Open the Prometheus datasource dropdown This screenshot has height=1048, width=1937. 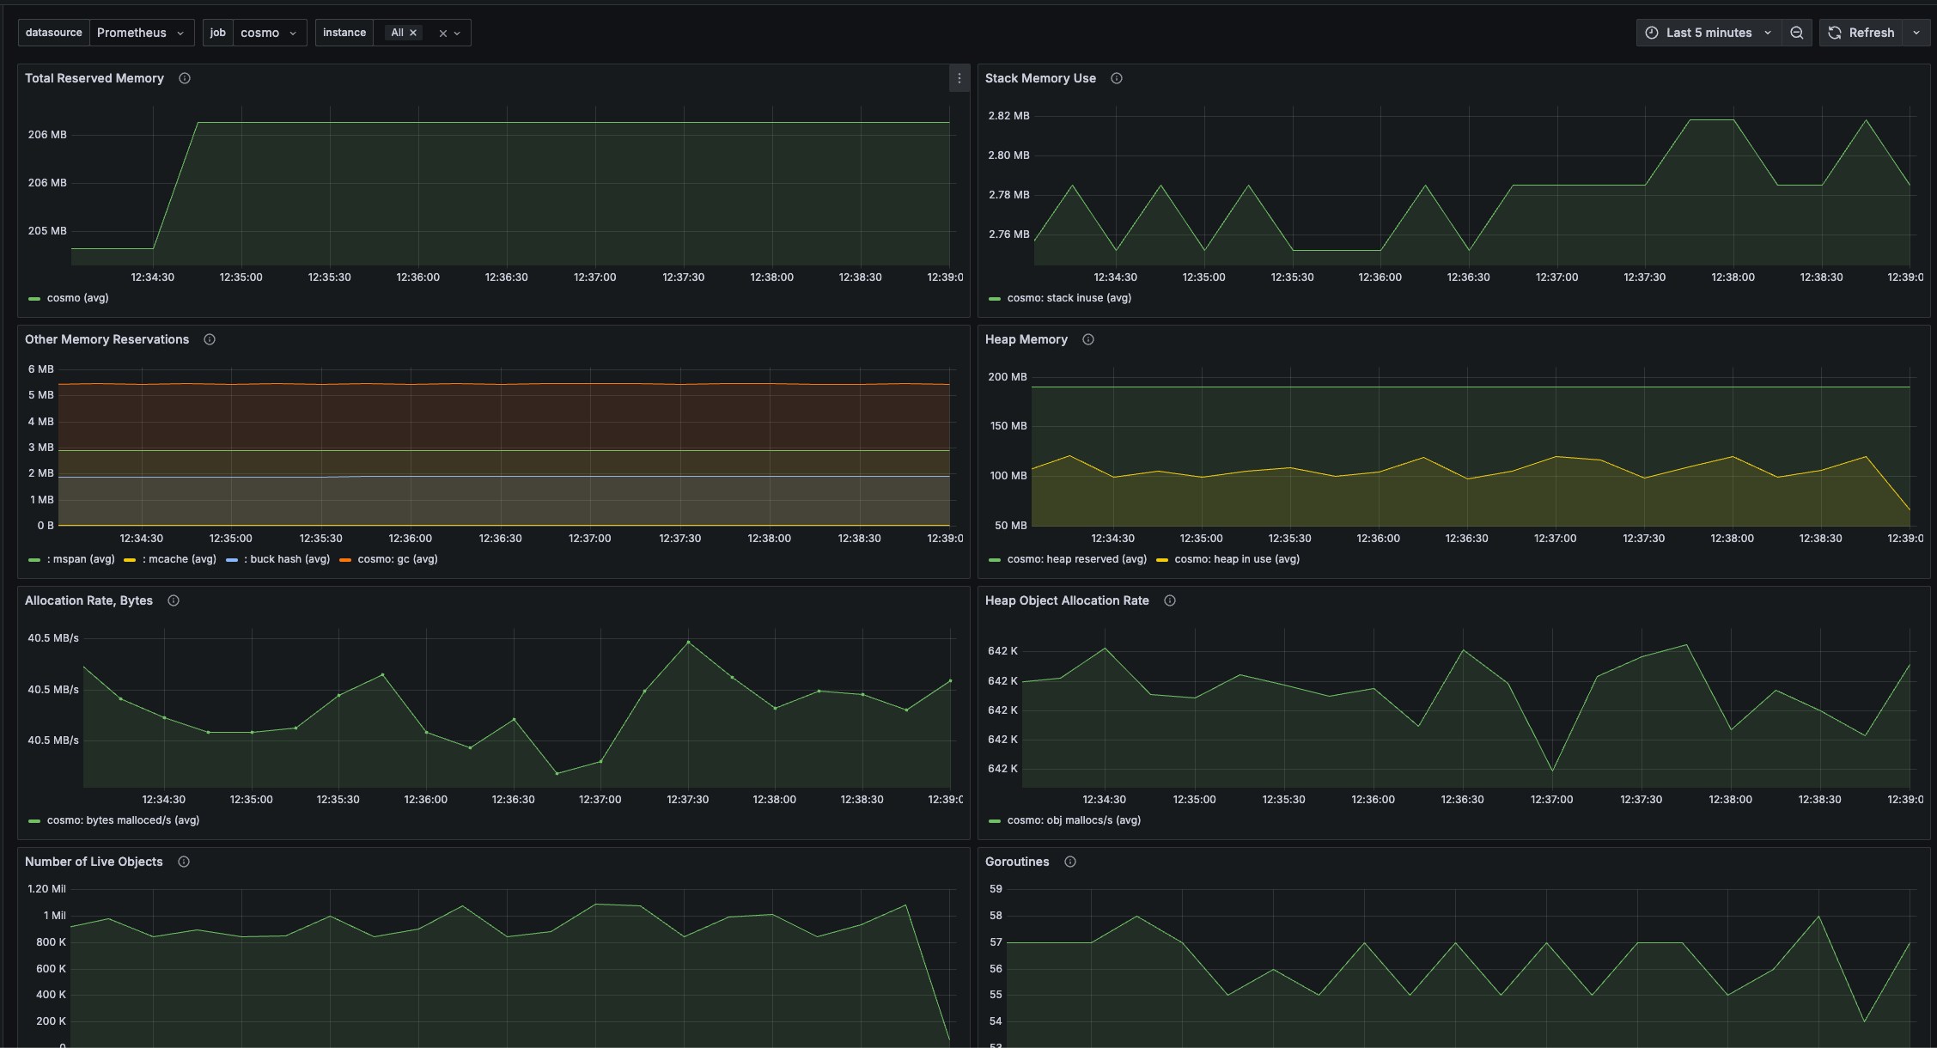coord(140,33)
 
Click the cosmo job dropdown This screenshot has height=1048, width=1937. coord(268,33)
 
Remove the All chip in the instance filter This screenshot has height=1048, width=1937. coord(413,33)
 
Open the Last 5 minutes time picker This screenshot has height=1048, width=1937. coord(1708,33)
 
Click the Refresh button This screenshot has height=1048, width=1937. coord(1861,33)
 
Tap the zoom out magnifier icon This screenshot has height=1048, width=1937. coord(1796,33)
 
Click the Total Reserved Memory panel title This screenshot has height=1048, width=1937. coord(94,78)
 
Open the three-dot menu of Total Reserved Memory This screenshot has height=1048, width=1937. coord(959,78)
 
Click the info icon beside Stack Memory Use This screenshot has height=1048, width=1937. coord(1117,78)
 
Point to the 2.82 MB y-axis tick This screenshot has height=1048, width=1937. coord(1008,116)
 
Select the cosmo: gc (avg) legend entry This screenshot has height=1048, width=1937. coord(397,559)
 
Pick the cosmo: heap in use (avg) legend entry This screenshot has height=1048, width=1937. coord(1236,559)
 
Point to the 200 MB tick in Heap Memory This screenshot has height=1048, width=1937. coord(1007,377)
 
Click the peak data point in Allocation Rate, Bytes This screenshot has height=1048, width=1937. coord(688,643)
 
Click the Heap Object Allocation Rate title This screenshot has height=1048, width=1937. coord(1067,600)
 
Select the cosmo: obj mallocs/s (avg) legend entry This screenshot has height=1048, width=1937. coord(1073,820)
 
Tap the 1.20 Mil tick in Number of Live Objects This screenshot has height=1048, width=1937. coord(46,889)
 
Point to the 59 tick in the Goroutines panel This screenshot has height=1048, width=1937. coord(996,889)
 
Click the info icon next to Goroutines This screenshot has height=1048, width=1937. coord(1070,862)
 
